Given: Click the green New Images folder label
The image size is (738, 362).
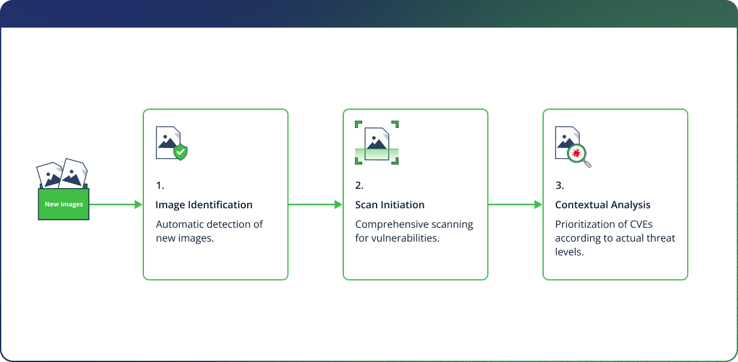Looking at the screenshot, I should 63,205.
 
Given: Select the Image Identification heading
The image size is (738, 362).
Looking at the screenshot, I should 204,205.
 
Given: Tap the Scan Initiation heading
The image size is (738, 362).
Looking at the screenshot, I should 390,205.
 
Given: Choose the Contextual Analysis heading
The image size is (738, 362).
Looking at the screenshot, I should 602,205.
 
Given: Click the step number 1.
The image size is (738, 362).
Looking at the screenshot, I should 160,186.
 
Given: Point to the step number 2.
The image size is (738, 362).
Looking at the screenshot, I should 359,186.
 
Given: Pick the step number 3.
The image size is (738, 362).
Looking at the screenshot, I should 559,186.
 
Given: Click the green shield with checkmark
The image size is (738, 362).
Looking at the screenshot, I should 180,152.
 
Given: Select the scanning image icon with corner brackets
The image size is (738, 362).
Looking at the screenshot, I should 377,142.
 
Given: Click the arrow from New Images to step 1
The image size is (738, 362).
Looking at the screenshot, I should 116,205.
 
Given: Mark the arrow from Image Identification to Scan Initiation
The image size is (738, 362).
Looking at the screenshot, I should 315,205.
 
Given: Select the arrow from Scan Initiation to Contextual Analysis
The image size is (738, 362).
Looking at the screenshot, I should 515,205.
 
